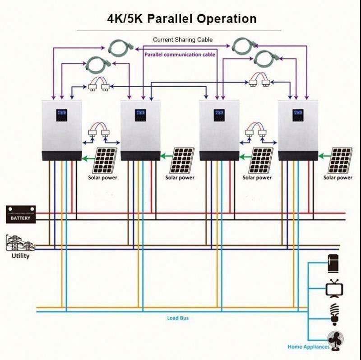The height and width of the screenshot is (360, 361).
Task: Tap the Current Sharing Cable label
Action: click(182, 40)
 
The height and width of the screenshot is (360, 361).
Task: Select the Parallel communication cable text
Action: click(180, 55)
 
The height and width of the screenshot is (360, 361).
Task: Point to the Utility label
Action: click(20, 256)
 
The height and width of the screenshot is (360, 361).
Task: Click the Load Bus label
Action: click(178, 318)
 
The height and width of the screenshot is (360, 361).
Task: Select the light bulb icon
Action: click(335, 314)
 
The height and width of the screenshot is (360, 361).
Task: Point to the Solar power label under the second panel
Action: click(180, 178)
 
